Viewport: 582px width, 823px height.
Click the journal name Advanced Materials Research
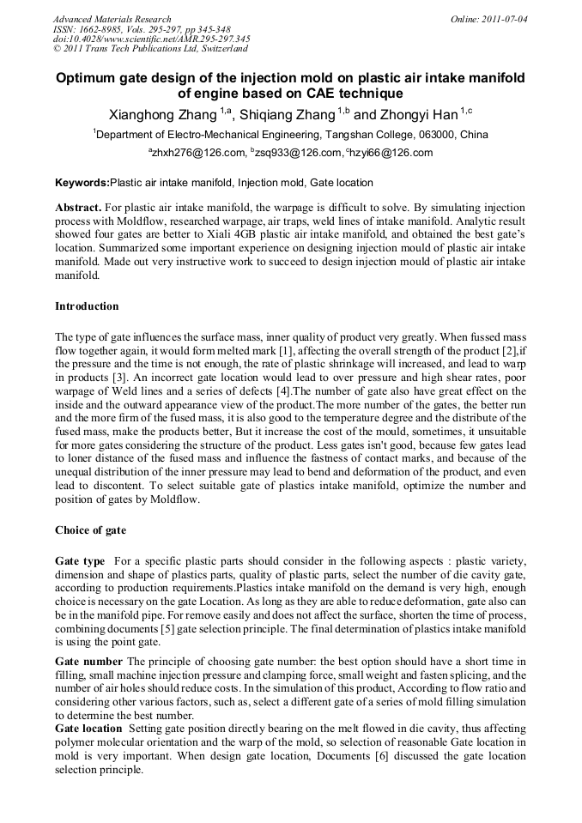tap(112, 19)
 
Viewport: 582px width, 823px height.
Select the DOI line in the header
tap(151, 39)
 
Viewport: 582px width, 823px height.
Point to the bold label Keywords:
tap(82, 183)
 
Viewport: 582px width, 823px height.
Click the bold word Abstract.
tap(78, 209)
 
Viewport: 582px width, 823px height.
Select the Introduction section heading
tap(87, 306)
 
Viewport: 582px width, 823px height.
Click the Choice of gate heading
tap(90, 530)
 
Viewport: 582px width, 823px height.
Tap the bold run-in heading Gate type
tap(80, 560)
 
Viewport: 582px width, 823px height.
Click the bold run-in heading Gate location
tap(88, 728)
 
